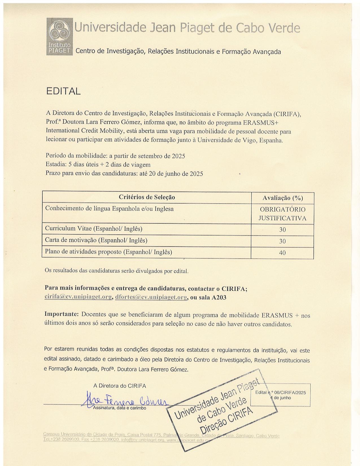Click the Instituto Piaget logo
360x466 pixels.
click(x=59, y=36)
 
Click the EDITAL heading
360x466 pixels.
click(x=63, y=91)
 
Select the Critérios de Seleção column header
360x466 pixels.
click(x=147, y=197)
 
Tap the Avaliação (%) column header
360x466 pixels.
click(x=282, y=198)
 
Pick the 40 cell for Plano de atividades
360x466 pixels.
click(x=282, y=253)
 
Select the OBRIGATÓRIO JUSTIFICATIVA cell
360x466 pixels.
click(x=282, y=214)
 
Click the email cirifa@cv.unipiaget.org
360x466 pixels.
click(x=78, y=297)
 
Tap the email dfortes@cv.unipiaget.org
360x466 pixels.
click(x=151, y=297)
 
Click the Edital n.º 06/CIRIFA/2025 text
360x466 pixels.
click(x=280, y=393)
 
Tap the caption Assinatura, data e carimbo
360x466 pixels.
click(x=120, y=408)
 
